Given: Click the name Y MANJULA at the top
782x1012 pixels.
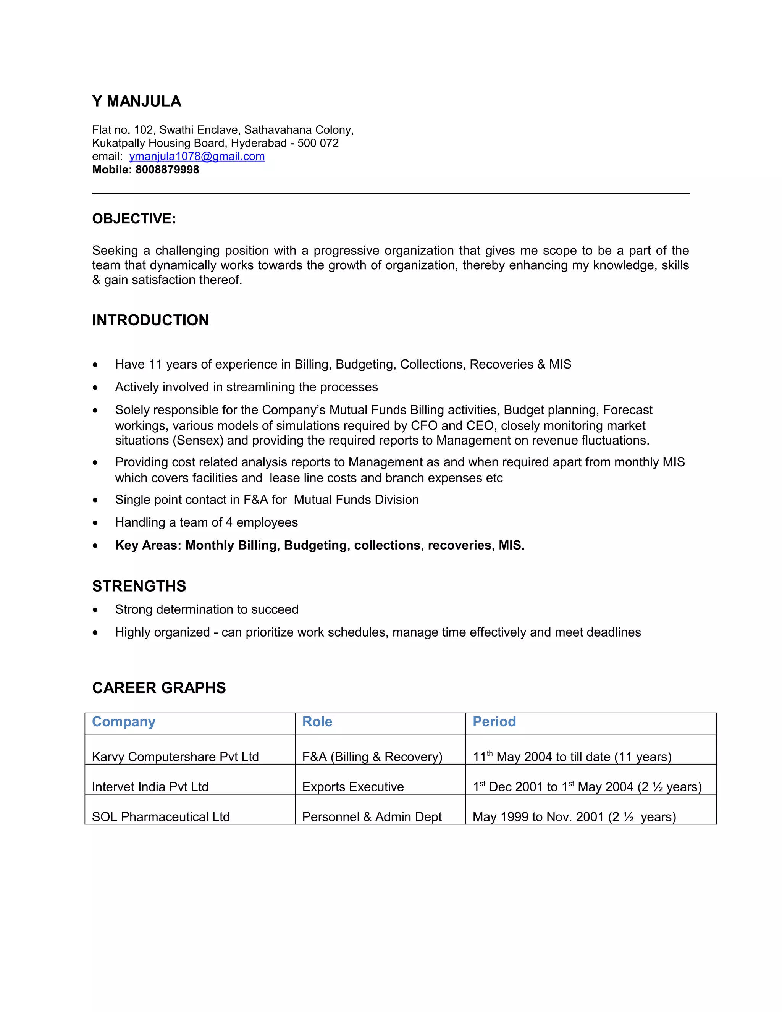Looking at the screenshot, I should [136, 102].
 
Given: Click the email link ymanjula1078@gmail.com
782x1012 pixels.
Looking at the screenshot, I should [197, 157].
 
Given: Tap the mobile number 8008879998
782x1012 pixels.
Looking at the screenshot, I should [167, 170].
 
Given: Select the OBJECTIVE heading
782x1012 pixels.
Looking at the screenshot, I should [134, 219].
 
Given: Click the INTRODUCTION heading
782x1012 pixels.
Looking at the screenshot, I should [150, 320].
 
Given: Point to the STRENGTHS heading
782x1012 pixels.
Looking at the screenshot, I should [139, 586].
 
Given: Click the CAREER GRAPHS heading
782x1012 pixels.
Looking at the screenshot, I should [159, 688].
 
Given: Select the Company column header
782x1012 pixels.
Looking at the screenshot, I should [124, 722].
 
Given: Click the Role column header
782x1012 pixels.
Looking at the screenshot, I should [317, 722].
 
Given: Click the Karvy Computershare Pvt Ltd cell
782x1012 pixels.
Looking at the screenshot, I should [175, 757].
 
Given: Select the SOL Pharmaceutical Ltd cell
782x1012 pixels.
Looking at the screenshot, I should [161, 817].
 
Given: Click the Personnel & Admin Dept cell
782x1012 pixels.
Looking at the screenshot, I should [372, 817].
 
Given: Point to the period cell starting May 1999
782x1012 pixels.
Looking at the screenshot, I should [574, 817].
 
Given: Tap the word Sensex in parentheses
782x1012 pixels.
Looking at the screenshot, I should [198, 440].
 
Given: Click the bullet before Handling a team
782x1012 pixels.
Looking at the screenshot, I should [95, 523].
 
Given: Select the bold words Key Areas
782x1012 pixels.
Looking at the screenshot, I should [148, 545].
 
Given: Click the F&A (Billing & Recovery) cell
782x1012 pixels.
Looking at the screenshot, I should [372, 757].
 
